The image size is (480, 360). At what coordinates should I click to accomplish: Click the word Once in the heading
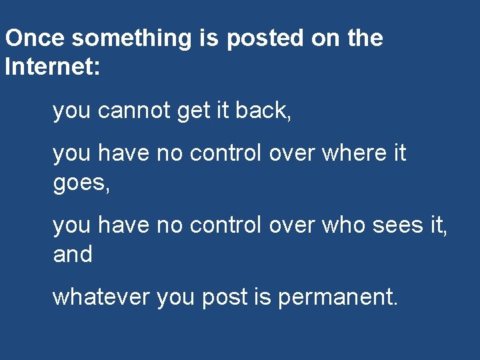35,38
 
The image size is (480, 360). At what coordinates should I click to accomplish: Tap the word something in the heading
131,38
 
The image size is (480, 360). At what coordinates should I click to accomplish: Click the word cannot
135,111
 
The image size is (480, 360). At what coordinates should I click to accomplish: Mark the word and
73,254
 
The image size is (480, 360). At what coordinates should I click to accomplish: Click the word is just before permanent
261,297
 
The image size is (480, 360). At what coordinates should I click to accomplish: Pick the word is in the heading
208,38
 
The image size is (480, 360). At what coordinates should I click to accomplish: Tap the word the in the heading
365,38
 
